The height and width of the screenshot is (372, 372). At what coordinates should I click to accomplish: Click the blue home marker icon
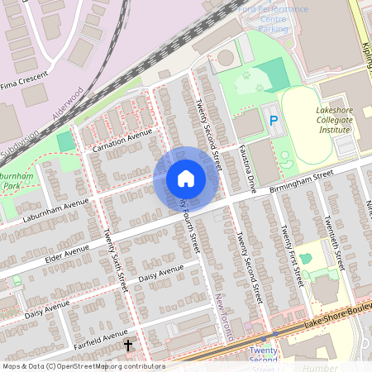click(186, 179)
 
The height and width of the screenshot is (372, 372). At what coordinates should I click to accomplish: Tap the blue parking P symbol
click(274, 121)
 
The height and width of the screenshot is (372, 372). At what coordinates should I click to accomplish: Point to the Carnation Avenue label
click(122, 140)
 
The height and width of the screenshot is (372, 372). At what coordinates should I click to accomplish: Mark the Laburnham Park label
click(20, 182)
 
